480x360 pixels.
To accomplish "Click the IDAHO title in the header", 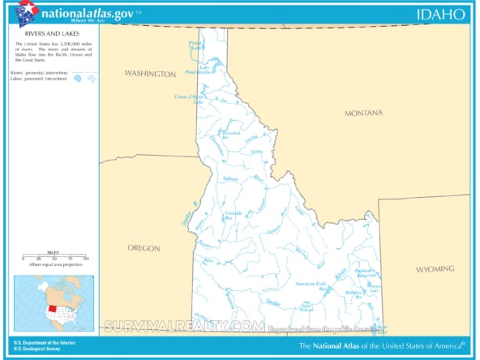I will (441, 14).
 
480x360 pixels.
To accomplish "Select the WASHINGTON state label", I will (149, 74).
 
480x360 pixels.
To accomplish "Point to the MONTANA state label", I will (362, 113).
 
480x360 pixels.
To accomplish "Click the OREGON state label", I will (144, 248).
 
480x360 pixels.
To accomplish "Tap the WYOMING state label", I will (435, 268).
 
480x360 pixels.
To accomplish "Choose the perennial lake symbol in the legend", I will (77, 79).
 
